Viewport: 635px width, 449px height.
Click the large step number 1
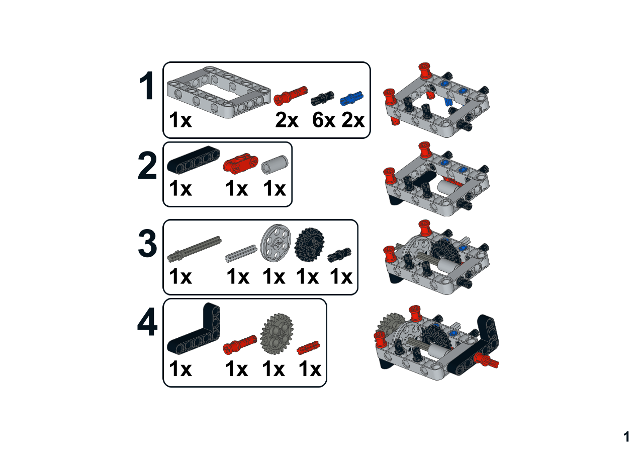point(147,86)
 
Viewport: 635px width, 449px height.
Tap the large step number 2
point(147,166)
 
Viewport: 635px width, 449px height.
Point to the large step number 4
point(147,322)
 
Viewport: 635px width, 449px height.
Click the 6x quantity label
point(324,120)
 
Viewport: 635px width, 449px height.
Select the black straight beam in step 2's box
point(194,160)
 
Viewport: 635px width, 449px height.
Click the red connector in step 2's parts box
point(240,163)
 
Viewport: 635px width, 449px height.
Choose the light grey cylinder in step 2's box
point(275,164)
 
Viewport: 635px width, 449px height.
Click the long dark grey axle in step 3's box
point(194,248)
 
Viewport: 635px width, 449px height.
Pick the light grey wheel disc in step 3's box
point(276,243)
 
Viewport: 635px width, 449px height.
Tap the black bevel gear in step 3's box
point(309,245)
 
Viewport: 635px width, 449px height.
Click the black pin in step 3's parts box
point(339,255)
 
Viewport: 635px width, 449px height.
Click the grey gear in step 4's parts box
point(277,334)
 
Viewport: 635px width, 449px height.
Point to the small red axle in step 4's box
point(308,348)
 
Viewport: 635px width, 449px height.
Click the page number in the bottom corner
point(626,437)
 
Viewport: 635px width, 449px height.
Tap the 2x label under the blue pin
point(353,120)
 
